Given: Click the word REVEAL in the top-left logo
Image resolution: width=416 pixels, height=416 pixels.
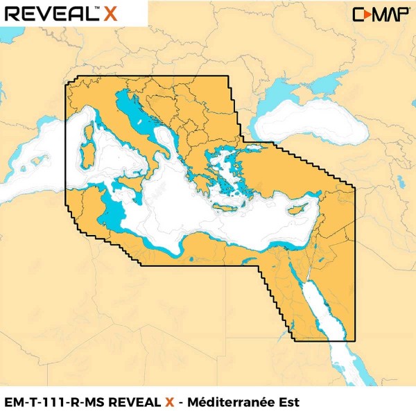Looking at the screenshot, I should pyautogui.click(x=49, y=13).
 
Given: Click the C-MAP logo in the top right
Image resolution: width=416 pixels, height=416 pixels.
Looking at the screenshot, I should pyautogui.click(x=376, y=14).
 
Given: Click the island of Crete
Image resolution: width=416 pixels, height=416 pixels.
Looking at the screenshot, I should pyautogui.click(x=229, y=207).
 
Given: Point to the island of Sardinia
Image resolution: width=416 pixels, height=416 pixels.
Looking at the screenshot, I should pyautogui.click(x=87, y=155).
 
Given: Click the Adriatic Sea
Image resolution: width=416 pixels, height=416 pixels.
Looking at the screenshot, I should pyautogui.click(x=142, y=118).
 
